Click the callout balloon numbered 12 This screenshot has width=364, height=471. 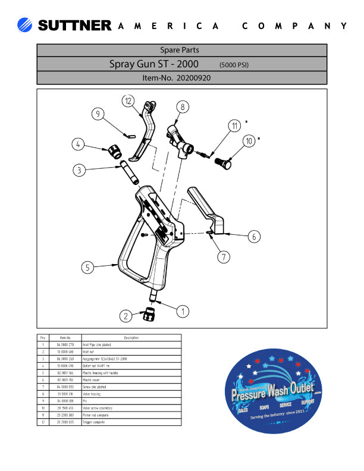pyautogui.click(x=129, y=101)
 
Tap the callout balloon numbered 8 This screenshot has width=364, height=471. pyautogui.click(x=183, y=106)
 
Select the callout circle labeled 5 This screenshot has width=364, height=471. pyautogui.click(x=88, y=268)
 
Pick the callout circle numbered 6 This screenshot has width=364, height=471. pyautogui.click(x=254, y=236)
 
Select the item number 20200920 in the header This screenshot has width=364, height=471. pyautogui.click(x=177, y=77)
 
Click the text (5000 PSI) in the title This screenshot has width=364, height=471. pyautogui.click(x=234, y=64)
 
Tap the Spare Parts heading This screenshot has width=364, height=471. pyautogui.click(x=181, y=50)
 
